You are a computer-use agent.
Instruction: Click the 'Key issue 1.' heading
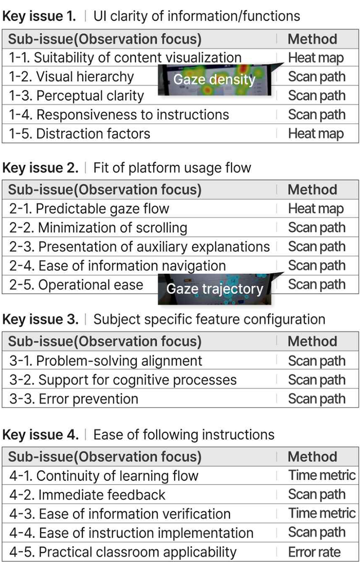click(x=39, y=16)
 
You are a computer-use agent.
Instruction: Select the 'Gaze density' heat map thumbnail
click(x=215, y=80)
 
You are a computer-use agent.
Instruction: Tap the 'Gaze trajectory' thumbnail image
click(x=215, y=289)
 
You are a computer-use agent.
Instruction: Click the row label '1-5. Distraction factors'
click(x=80, y=134)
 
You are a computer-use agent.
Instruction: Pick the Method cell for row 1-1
click(x=316, y=58)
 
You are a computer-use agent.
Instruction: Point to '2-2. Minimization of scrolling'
click(x=98, y=228)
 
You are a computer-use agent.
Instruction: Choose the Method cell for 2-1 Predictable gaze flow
click(x=316, y=209)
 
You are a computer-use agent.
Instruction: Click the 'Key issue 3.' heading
click(x=40, y=319)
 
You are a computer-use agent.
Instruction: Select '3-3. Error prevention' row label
click(x=74, y=399)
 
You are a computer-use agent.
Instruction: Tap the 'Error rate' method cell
click(x=315, y=552)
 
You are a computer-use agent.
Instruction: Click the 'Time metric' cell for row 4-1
click(x=322, y=475)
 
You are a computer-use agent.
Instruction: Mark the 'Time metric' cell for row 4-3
click(x=322, y=513)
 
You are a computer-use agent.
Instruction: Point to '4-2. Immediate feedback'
click(x=87, y=495)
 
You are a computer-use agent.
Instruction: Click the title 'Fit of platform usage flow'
click(x=172, y=168)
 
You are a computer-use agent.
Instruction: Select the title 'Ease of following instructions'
click(x=184, y=435)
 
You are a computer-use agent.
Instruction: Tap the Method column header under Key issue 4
click(x=312, y=457)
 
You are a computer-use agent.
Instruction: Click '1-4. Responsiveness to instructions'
click(x=119, y=115)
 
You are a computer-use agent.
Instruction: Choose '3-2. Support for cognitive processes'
click(x=123, y=380)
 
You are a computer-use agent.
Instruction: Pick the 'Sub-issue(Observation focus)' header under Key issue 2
click(x=105, y=190)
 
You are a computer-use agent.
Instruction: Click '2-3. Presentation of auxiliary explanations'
click(x=139, y=247)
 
